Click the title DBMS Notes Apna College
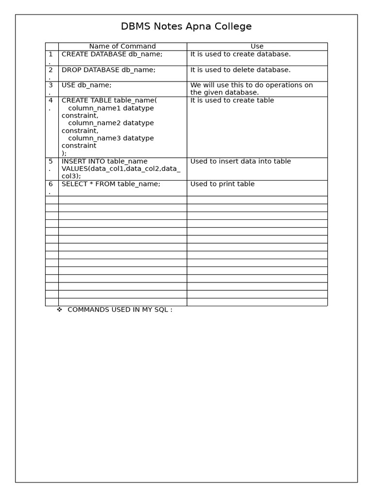[186, 27]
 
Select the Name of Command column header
[122, 47]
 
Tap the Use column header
[257, 47]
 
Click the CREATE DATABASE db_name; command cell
[112, 54]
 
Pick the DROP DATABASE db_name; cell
[108, 70]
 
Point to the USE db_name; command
[86, 85]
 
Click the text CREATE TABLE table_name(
[109, 100]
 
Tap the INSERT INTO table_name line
[104, 161]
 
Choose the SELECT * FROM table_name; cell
[111, 184]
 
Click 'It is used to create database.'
[240, 54]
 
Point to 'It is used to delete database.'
[240, 70]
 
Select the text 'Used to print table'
[222, 184]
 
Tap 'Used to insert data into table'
[240, 161]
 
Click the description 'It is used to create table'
[232, 100]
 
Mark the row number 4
[51, 100]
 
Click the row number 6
[51, 184]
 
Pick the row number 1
[51, 54]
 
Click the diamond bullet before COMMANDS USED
[59, 310]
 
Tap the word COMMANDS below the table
[88, 310]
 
